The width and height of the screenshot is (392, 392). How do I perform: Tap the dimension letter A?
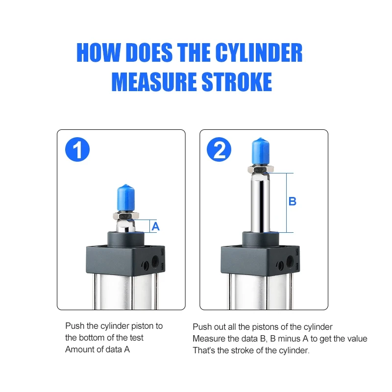[x=155, y=226]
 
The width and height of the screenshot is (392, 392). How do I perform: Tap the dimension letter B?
[x=292, y=201]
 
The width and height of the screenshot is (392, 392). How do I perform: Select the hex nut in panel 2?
[x=260, y=170]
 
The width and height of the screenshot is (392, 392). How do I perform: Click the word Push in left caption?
[x=74, y=326]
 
